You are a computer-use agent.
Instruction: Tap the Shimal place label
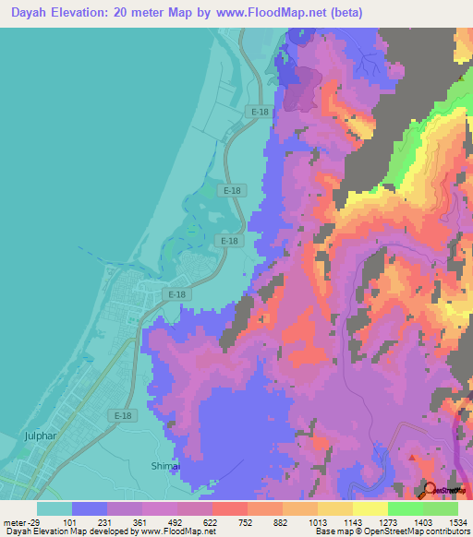164,467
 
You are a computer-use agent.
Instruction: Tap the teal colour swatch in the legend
55,507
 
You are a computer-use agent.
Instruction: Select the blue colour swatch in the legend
90,507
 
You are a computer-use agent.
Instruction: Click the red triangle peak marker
411,457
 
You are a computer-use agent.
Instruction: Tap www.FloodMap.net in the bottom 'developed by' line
177,531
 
